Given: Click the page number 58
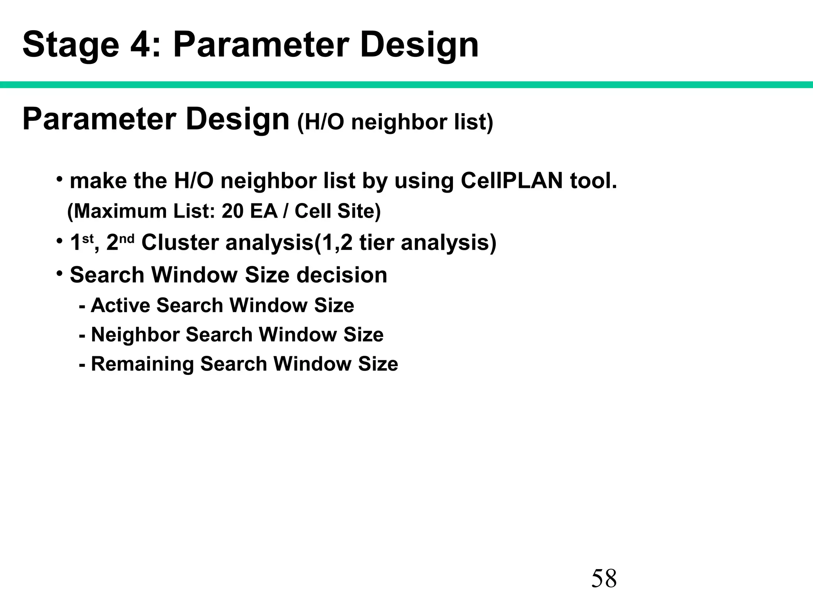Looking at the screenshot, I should point(604,578).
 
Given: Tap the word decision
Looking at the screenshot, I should point(342,275).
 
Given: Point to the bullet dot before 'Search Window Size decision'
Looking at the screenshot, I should point(59,273).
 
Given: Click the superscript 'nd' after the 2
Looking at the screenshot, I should point(127,238).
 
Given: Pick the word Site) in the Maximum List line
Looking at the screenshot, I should point(359,211).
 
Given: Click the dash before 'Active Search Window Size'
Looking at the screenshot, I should point(82,306).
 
